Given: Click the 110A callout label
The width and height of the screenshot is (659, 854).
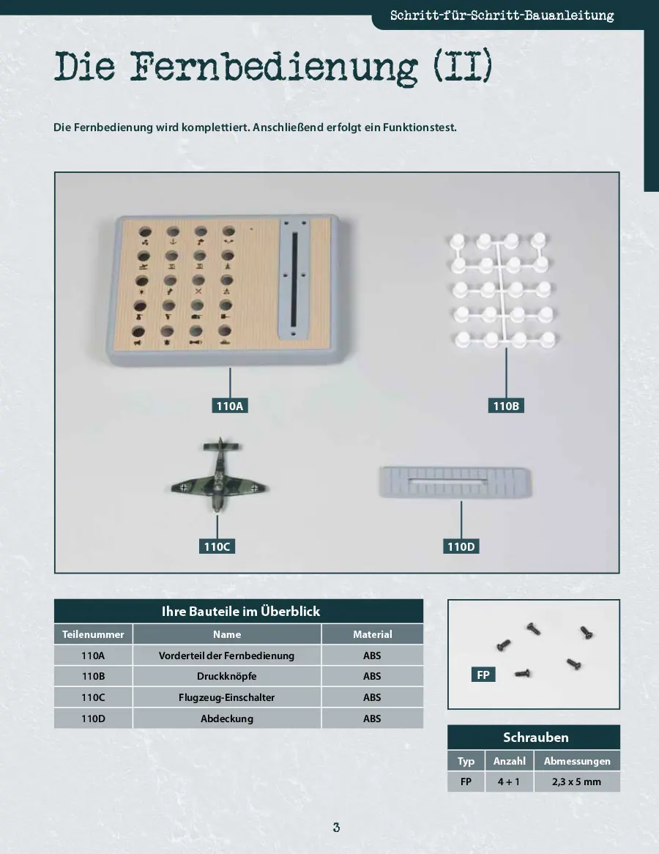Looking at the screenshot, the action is (229, 406).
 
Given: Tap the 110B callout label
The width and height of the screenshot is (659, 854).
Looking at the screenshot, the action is (506, 406).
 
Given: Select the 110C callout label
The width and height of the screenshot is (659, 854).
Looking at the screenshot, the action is (217, 546).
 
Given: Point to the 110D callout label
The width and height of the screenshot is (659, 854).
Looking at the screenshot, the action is (461, 546).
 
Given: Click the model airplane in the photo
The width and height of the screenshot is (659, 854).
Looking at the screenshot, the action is (220, 475).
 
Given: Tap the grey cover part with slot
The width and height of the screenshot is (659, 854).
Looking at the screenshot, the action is (455, 481).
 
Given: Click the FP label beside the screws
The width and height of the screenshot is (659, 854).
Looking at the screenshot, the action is (483, 675).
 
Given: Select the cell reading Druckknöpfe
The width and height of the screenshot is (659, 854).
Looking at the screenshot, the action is (226, 676).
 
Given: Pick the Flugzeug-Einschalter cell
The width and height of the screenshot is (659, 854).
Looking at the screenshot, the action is (226, 697).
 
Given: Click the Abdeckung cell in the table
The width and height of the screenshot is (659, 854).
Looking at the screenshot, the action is (226, 719).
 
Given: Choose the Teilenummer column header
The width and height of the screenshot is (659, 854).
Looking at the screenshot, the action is (93, 634).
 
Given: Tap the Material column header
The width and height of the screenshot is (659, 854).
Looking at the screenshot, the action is (373, 634).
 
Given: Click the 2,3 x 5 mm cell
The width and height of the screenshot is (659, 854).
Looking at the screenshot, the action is (577, 781).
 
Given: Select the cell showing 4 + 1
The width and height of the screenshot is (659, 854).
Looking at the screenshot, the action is (509, 781).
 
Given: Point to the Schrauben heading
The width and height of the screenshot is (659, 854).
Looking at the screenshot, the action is (536, 738).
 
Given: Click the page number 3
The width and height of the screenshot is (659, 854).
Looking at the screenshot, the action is (337, 828).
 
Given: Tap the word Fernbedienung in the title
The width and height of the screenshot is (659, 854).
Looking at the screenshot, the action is (274, 67).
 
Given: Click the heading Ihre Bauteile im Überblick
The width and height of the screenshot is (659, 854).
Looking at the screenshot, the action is (241, 611).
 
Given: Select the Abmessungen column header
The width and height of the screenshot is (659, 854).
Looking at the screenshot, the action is (577, 761).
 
